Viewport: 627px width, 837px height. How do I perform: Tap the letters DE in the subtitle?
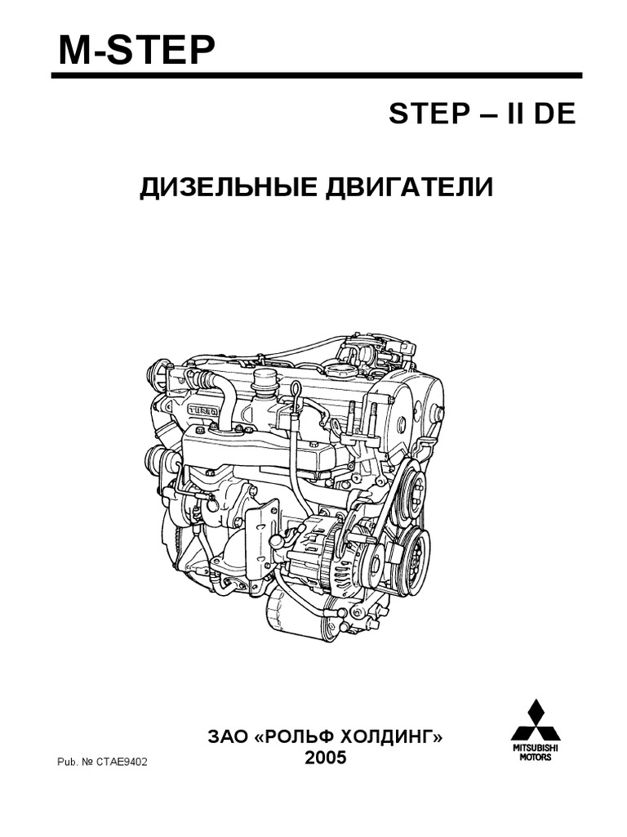[x=556, y=114]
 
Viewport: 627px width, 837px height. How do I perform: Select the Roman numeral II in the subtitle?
[x=513, y=114]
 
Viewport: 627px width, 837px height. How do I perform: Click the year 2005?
[x=326, y=759]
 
